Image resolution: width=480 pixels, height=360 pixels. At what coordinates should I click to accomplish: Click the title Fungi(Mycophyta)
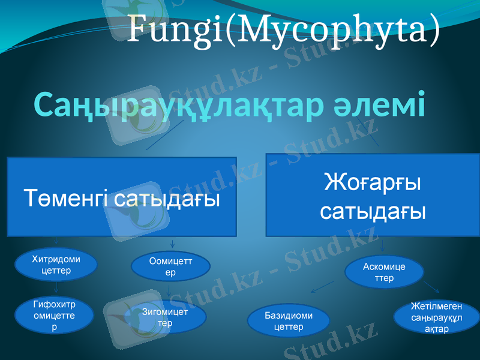pyautogui.click(x=283, y=30)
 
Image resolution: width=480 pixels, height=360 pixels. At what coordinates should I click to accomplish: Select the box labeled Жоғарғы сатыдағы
pyautogui.click(x=373, y=195)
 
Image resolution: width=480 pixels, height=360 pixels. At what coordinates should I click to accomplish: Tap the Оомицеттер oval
pyautogui.click(x=170, y=267)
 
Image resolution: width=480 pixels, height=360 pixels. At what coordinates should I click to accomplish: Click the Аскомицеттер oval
pyautogui.click(x=384, y=272)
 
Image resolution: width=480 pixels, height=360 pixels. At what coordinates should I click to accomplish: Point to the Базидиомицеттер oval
pyautogui.click(x=289, y=321)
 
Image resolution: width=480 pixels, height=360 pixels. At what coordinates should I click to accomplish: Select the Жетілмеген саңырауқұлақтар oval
pyautogui.click(x=436, y=317)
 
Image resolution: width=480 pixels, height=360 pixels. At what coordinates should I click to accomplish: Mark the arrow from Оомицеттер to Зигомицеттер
pyautogui.click(x=170, y=291)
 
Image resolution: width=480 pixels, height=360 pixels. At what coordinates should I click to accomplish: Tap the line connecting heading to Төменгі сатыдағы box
pyautogui.click(x=165, y=136)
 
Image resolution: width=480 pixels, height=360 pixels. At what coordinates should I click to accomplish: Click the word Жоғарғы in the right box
pyautogui.click(x=372, y=182)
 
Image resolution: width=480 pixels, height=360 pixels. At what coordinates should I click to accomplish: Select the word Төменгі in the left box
pyautogui.click(x=67, y=199)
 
